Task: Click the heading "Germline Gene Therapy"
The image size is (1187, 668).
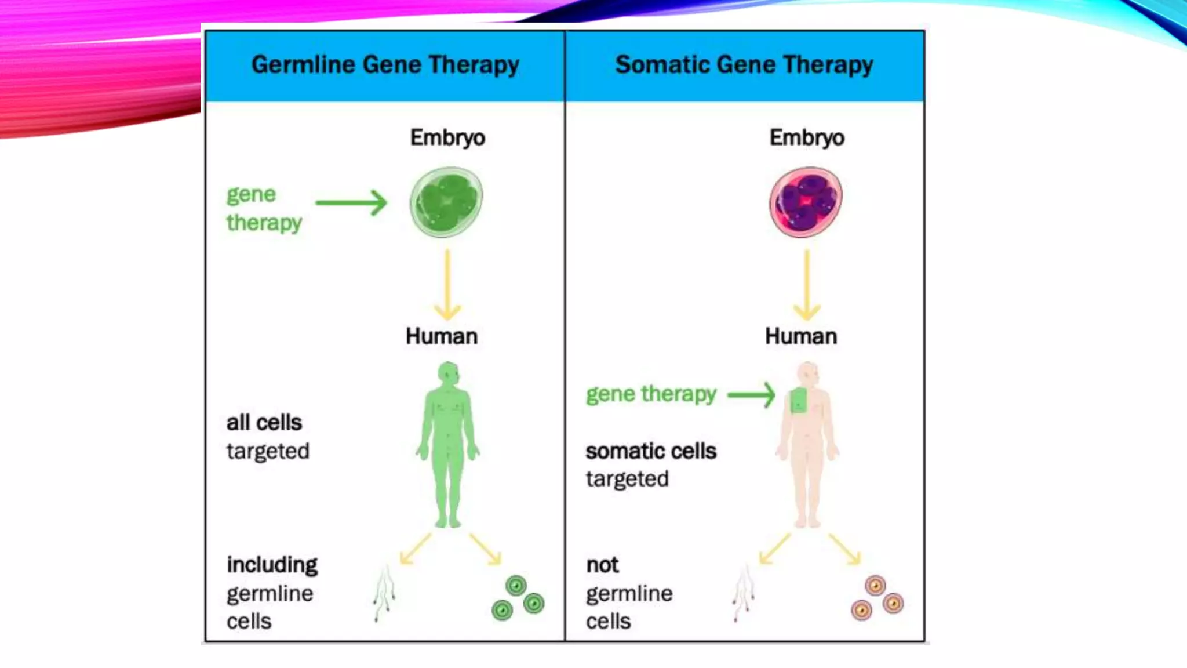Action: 385,65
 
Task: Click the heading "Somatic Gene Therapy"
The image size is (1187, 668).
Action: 744,65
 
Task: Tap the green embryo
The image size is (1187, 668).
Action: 446,202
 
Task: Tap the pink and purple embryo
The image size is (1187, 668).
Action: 806,202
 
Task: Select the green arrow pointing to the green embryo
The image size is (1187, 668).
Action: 351,203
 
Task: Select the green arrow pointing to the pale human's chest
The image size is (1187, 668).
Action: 751,395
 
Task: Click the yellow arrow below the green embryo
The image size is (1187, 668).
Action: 447,285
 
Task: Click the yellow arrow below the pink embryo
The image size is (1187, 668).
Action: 807,285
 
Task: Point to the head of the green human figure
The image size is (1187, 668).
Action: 449,373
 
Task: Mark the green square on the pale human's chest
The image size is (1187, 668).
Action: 799,400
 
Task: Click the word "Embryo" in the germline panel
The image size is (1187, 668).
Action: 447,138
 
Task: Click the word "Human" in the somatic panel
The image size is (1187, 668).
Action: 801,336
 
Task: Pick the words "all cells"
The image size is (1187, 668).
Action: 264,423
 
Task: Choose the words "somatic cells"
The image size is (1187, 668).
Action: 651,451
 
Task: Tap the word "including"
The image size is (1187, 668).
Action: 272,565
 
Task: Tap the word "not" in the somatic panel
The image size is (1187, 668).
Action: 602,565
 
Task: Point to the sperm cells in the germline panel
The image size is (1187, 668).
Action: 384,593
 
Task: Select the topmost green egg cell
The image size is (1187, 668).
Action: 516,586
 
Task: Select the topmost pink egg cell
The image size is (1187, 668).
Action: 875,586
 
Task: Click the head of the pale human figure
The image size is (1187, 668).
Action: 808,373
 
